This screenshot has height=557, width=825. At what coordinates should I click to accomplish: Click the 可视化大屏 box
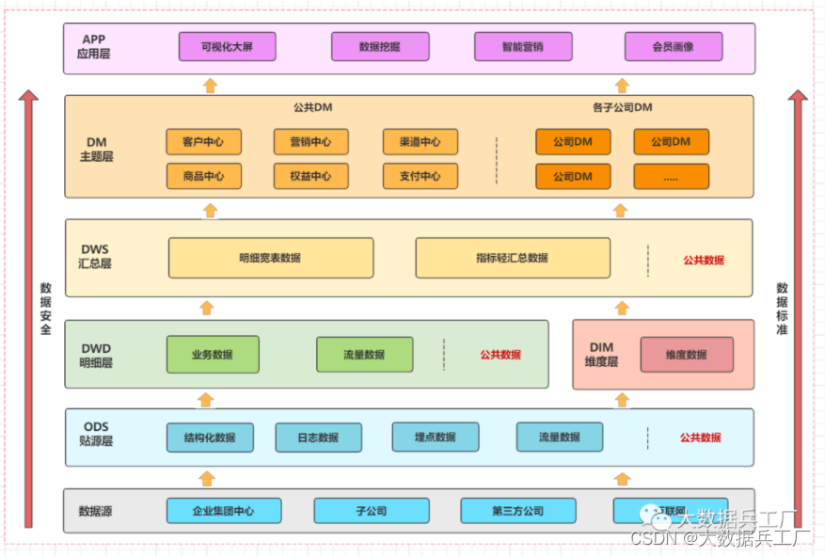click(x=227, y=46)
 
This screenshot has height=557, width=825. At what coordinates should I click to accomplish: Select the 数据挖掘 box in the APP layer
click(x=380, y=46)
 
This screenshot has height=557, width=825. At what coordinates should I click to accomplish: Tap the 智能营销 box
click(x=523, y=46)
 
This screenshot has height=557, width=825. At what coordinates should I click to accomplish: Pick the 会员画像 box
click(x=673, y=46)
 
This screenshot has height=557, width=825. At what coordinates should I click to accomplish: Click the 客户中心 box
click(x=203, y=142)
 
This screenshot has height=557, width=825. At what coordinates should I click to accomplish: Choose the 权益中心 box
click(x=311, y=176)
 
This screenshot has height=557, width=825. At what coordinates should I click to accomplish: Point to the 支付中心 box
click(x=420, y=176)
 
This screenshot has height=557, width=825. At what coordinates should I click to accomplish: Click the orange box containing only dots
click(x=671, y=177)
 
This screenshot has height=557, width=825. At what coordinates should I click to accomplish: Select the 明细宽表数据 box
click(x=271, y=258)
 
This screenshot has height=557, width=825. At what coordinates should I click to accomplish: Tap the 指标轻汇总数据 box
click(x=513, y=258)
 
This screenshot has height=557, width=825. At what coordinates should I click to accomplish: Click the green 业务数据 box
click(x=213, y=355)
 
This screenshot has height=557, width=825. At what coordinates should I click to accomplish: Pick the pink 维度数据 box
click(x=687, y=355)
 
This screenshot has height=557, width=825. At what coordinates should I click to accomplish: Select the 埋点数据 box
click(x=436, y=438)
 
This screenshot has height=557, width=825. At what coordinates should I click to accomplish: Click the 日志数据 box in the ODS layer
click(x=319, y=438)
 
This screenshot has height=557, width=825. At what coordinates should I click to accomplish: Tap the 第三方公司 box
click(x=518, y=511)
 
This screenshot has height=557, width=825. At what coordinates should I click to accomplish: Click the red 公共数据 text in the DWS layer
click(x=704, y=260)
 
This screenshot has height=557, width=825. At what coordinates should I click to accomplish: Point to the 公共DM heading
click(x=313, y=107)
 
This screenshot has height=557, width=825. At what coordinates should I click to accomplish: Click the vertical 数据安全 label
click(x=46, y=309)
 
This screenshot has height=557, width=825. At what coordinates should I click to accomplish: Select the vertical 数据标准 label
click(x=782, y=309)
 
